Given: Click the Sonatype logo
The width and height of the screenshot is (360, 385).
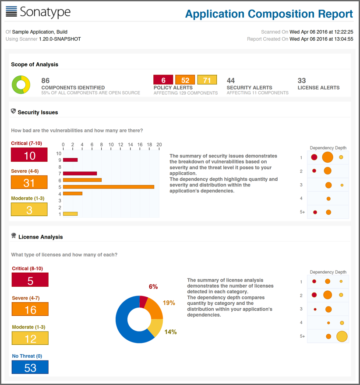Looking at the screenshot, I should pos(38,12).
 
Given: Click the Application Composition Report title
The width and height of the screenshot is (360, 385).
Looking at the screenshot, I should pos(268,14).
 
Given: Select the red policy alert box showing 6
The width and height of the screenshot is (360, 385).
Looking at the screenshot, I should pos(163,80).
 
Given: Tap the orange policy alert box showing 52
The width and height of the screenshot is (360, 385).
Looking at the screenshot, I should pos(185,80).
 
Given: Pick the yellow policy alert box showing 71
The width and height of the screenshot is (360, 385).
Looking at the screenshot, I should pos(207,80).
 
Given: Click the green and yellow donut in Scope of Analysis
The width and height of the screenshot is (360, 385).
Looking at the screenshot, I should pos(21,85).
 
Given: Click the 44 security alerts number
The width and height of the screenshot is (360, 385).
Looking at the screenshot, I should pos(231,81).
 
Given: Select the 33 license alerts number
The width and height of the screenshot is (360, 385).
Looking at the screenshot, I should pos(302,81).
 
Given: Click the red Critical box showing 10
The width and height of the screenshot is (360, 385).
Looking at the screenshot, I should pos(29,156).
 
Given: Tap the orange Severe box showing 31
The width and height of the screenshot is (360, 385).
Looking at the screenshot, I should pos(29,182).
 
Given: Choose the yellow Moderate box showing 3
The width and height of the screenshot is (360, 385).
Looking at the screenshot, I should pos(29,210).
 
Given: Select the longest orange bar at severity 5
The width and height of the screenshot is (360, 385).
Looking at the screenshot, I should pos(109,186).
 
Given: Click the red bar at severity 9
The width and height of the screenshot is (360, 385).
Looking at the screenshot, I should pos(71,160).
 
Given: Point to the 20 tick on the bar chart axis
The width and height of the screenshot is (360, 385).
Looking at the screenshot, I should pos(159,145).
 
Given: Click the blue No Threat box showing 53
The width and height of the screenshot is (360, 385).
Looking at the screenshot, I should pos(30,367).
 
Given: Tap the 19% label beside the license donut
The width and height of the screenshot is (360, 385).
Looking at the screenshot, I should pos(169,303).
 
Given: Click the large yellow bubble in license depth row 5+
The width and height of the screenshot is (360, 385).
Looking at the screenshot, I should pos(342,337).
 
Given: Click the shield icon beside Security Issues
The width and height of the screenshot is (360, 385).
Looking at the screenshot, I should pos(14,111).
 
